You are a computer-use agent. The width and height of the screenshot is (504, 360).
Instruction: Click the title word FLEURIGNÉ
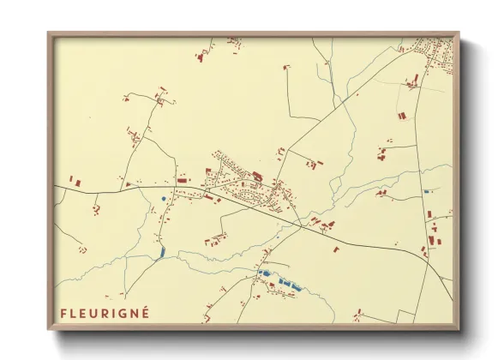click(105, 312)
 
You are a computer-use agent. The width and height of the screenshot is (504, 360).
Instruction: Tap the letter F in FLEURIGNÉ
click(63, 312)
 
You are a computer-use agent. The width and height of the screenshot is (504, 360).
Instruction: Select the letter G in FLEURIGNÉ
click(123, 312)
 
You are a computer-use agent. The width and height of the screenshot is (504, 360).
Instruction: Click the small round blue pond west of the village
click(163, 199)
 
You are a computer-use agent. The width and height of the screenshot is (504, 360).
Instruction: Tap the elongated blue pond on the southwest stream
click(161, 252)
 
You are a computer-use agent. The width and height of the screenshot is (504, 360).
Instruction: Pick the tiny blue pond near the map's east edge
click(426, 191)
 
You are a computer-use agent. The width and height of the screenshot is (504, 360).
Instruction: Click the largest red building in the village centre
click(256, 176)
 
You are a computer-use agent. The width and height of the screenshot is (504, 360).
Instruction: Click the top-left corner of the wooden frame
click(48, 33)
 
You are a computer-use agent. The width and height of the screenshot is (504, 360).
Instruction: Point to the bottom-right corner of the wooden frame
click(459, 329)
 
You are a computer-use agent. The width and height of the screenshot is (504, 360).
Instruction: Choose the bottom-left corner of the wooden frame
click(48, 329)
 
